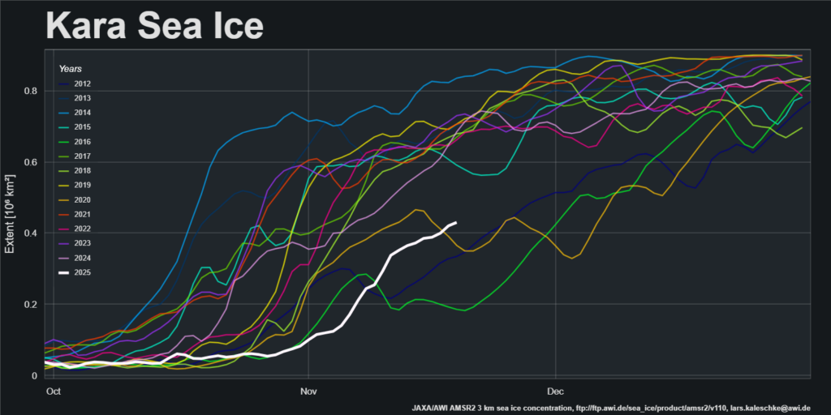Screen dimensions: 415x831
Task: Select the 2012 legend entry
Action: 81,83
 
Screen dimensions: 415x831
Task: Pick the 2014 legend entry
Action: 81,113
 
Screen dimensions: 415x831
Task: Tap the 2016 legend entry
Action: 81,141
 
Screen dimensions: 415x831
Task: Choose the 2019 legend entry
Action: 81,185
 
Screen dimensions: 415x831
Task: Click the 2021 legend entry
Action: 81,214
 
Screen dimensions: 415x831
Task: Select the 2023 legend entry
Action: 81,243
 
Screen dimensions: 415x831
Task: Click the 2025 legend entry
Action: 81,272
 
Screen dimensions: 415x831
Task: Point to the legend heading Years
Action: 70,69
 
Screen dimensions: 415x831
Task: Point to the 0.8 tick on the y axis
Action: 29,91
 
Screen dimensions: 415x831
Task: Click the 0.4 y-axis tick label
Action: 29,233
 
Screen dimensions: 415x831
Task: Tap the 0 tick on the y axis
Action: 34,376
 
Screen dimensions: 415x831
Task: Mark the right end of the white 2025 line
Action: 456,223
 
